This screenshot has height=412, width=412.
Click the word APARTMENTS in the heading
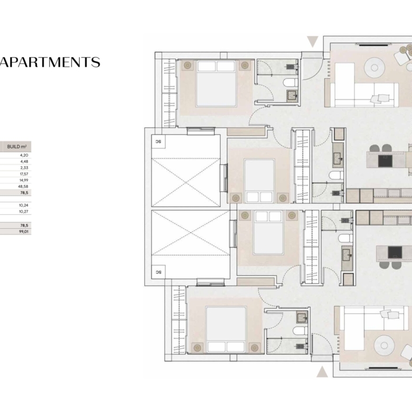tap(50, 62)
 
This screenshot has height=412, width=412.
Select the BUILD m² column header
tap(17, 147)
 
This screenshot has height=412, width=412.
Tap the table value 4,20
tap(24, 155)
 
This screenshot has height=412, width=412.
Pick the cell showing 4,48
tap(24, 162)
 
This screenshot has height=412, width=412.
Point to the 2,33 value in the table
tap(24, 168)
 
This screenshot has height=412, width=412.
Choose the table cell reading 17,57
tap(24, 174)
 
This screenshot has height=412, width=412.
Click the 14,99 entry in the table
tap(24, 180)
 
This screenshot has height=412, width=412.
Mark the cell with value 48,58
tap(23, 186)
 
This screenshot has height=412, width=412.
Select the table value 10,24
tap(23, 205)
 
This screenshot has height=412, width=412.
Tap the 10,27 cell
tap(23, 211)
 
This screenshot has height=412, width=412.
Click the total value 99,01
tap(23, 231)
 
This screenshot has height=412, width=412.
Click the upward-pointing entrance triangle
tap(322, 372)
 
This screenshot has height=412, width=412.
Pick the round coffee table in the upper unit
tap(374, 68)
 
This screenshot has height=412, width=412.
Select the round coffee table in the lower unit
tap(384, 345)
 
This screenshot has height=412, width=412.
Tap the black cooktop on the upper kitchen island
tap(385, 161)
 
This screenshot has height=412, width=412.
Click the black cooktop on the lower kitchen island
tap(395, 252)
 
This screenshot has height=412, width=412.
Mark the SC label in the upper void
tap(158, 142)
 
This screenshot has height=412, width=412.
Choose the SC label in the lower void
tap(158, 272)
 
